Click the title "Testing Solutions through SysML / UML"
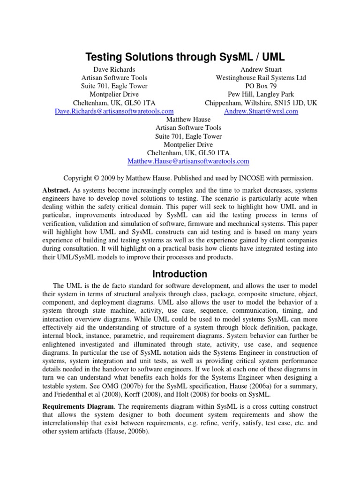(x=185, y=58)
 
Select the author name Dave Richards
(x=114, y=69)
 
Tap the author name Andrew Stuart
(x=261, y=69)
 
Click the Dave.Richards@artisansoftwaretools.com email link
(x=114, y=111)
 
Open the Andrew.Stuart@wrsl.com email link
(x=261, y=111)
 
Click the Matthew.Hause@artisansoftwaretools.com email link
(x=188, y=161)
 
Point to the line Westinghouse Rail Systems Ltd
(x=261, y=78)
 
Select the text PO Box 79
(x=261, y=86)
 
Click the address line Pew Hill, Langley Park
(x=261, y=95)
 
